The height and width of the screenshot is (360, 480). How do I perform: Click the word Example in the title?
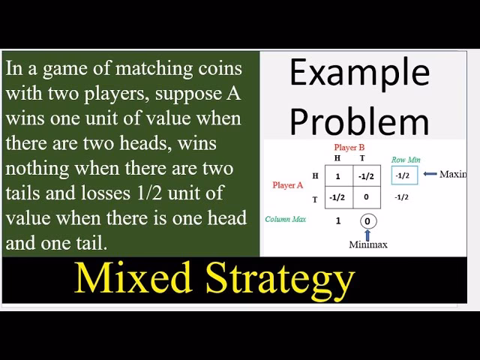pos(359,74)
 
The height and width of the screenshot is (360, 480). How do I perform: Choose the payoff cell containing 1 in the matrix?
pos(338,176)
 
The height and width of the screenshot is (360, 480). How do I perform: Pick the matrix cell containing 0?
pos(367,197)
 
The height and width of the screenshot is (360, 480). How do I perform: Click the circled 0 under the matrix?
pos(367,221)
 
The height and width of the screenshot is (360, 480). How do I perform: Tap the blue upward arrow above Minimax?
pos(367,234)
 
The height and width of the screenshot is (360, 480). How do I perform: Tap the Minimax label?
pos(368,244)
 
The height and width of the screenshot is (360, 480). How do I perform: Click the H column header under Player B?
pos(337,158)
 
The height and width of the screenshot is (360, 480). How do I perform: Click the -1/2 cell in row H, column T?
pos(367,176)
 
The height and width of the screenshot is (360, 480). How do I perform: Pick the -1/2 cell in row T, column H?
pos(337,197)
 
